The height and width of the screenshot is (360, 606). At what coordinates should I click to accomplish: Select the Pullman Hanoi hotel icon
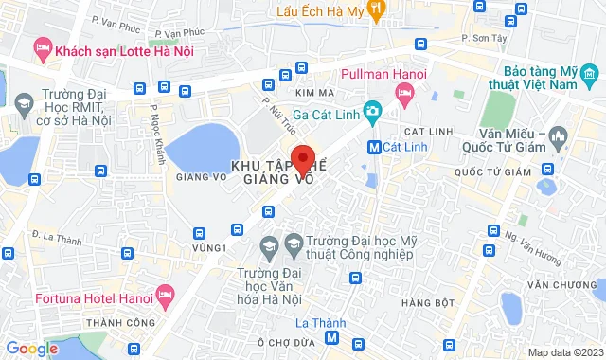tap(404, 91)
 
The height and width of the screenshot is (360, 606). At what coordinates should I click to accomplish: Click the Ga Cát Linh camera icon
tap(374, 112)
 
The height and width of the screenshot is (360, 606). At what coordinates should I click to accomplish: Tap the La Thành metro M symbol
tap(330, 338)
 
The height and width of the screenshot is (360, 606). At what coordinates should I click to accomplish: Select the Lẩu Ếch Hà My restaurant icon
tap(377, 9)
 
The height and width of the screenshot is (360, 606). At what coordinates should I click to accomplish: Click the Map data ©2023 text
tap(563, 352)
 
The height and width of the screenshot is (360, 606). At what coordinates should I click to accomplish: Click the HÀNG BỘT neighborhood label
tap(422, 303)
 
